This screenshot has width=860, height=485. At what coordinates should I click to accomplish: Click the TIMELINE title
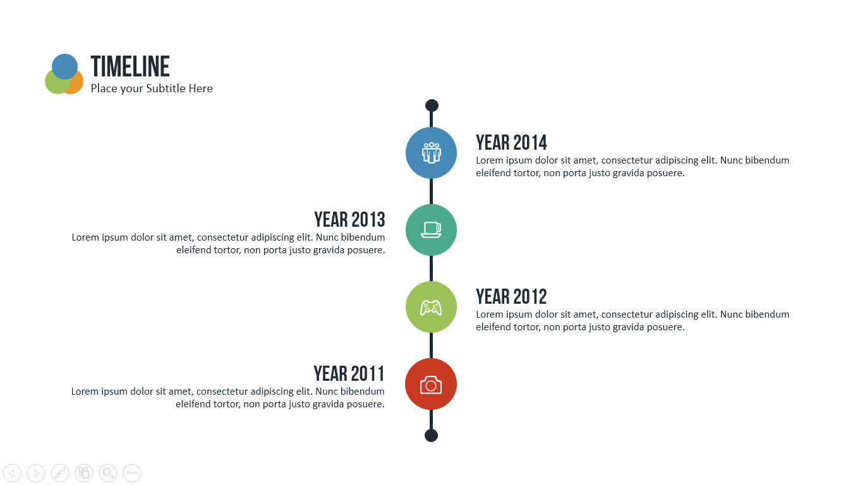(x=130, y=66)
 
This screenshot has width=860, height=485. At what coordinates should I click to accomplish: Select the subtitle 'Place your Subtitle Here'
(x=152, y=88)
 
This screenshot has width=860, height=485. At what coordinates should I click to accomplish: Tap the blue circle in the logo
(x=65, y=66)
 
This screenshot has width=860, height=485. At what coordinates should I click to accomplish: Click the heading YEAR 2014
(x=511, y=143)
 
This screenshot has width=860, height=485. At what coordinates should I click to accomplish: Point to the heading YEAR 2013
(x=349, y=220)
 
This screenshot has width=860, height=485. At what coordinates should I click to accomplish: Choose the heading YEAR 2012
(x=511, y=297)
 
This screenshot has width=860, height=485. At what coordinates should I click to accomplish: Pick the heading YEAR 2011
(x=349, y=374)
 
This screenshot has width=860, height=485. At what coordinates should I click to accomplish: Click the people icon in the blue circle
(x=431, y=153)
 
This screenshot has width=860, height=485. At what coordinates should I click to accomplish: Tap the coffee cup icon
(x=431, y=230)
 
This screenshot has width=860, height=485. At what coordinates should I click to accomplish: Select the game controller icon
(x=431, y=308)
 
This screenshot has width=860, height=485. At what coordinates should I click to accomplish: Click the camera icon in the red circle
(x=431, y=385)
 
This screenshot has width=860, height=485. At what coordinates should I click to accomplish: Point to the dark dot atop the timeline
(x=432, y=105)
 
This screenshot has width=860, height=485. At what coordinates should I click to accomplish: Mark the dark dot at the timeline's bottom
(x=431, y=436)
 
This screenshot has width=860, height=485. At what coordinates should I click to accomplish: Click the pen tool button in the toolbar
(x=60, y=473)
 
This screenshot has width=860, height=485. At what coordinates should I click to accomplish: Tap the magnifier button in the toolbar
(x=108, y=473)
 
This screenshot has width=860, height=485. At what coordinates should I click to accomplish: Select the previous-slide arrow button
(x=12, y=473)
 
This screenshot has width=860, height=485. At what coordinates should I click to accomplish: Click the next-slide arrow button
(x=36, y=473)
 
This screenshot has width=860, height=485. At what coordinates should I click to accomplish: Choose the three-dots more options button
(x=132, y=473)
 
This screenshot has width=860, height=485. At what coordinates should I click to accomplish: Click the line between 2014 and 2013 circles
(x=431, y=191)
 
